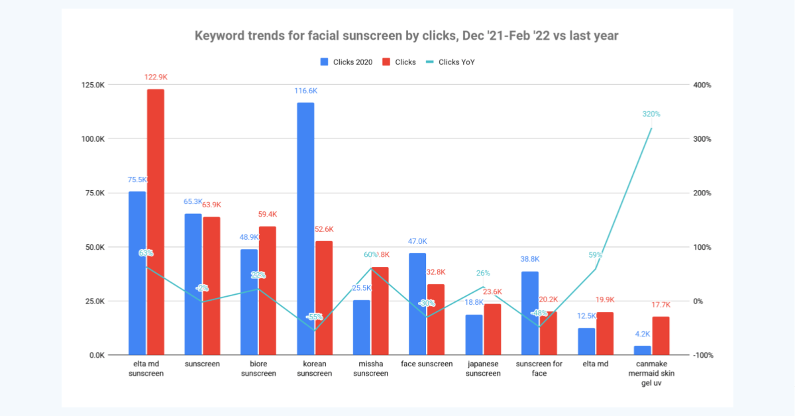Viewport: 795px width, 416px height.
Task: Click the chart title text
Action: click(x=406, y=36)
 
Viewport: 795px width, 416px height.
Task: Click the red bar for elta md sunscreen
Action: click(x=156, y=222)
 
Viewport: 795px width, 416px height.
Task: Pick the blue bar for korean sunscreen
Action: click(x=305, y=229)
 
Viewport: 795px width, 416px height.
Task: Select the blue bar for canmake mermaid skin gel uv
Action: click(x=643, y=350)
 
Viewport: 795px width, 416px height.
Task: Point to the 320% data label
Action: click(x=651, y=114)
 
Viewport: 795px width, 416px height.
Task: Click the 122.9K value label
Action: click(x=156, y=78)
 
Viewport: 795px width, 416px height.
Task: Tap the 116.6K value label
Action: click(x=306, y=91)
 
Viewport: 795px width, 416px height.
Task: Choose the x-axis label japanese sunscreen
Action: click(x=483, y=368)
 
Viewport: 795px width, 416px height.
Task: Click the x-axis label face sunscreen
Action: click(x=427, y=364)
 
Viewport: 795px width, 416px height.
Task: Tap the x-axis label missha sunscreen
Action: click(x=371, y=368)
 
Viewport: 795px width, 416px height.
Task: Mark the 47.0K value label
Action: click(x=417, y=242)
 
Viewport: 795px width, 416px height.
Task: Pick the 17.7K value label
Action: click(x=661, y=305)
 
